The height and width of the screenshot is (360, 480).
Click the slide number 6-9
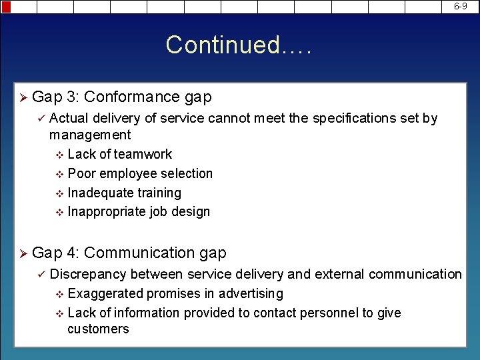(x=461, y=6)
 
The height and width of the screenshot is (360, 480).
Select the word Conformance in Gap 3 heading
(x=132, y=97)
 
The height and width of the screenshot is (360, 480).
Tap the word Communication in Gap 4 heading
(x=139, y=253)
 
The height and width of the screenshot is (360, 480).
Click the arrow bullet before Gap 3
(x=23, y=98)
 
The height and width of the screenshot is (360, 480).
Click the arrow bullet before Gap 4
(x=23, y=254)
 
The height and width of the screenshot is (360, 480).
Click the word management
(x=90, y=135)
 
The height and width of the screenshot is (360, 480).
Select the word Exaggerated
(x=105, y=294)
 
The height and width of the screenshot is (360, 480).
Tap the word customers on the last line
(x=98, y=329)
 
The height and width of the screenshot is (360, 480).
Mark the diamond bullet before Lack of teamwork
(x=59, y=155)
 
